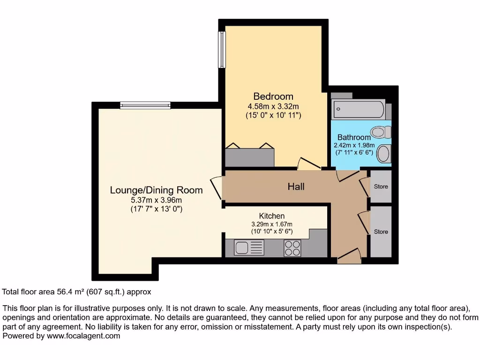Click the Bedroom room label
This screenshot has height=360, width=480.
(x=273, y=97)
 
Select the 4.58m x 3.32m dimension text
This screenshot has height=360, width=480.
(x=273, y=106)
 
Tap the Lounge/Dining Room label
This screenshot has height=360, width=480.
(x=156, y=190)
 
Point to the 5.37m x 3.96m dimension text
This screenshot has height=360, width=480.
(x=156, y=200)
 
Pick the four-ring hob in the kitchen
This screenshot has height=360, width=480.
(x=292, y=247)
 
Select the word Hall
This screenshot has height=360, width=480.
(x=296, y=187)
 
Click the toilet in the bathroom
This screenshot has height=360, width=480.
(x=381, y=132)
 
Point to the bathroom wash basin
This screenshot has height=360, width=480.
(x=384, y=153)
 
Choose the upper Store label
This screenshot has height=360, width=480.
(x=381, y=187)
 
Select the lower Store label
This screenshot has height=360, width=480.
(x=381, y=232)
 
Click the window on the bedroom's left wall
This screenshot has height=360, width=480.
(x=222, y=50)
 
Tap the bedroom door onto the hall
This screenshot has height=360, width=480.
(x=308, y=164)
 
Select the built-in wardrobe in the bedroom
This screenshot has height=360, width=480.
(x=249, y=157)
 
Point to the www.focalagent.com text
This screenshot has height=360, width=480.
(x=82, y=336)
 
